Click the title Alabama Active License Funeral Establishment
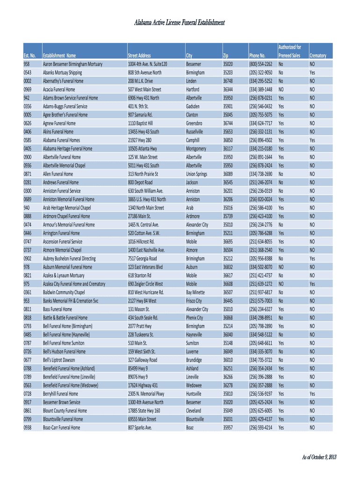(180, 23)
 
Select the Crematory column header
(317, 56)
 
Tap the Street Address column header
(139, 56)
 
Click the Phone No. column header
(258, 56)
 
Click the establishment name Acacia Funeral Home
(59, 89)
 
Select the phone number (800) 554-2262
(260, 64)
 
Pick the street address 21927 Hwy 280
(139, 140)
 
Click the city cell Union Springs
(196, 174)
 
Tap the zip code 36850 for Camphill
(228, 140)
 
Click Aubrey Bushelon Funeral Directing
(69, 258)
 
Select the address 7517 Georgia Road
(142, 258)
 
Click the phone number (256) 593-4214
(260, 428)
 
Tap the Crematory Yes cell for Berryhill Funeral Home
(312, 394)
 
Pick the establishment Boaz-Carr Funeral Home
(61, 428)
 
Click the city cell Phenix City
(194, 318)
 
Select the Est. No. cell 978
(26, 267)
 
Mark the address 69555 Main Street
(142, 419)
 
